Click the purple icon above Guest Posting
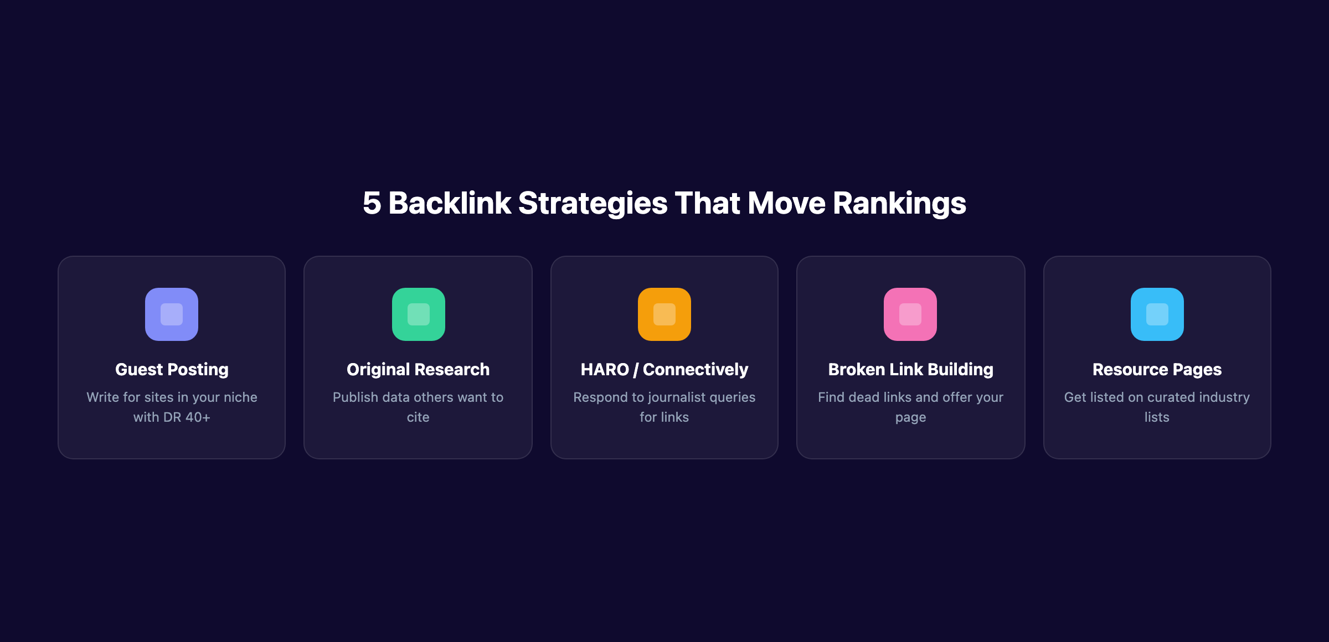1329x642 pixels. [x=172, y=314]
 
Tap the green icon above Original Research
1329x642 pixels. [x=418, y=314]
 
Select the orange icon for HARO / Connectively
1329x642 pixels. [x=664, y=314]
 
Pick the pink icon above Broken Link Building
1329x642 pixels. [x=910, y=314]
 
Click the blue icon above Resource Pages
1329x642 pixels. [x=1157, y=314]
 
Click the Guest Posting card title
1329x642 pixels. [x=172, y=369]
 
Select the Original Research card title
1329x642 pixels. [x=418, y=369]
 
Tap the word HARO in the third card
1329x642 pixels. [x=605, y=369]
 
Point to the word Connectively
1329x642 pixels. [x=696, y=369]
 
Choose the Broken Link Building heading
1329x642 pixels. [x=910, y=369]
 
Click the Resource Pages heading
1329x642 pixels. [x=1157, y=369]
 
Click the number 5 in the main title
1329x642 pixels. [x=372, y=203]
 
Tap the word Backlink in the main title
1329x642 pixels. [x=450, y=203]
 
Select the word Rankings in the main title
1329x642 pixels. [x=899, y=203]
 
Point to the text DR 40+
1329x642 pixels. [x=187, y=417]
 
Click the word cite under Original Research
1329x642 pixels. [x=418, y=417]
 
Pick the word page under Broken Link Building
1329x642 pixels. [x=910, y=418]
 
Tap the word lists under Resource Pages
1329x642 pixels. [x=1157, y=417]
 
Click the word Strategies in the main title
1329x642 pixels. [x=593, y=203]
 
